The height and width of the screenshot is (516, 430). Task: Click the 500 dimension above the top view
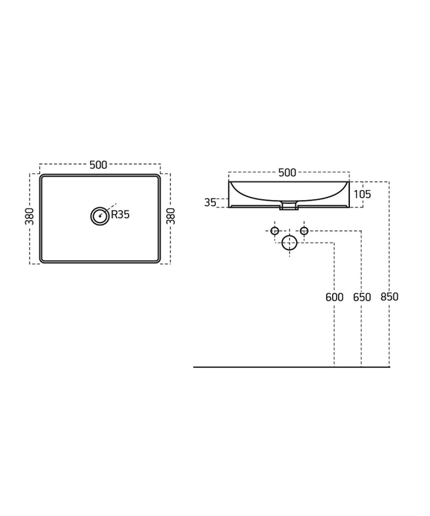[99, 165]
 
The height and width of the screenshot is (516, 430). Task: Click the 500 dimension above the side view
[287, 173]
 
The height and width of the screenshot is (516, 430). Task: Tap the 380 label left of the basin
[29, 216]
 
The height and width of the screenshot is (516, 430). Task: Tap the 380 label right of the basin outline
[171, 216]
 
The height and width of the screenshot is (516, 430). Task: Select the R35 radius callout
[121, 215]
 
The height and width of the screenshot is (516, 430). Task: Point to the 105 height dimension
[362, 194]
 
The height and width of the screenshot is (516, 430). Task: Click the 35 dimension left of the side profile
[210, 203]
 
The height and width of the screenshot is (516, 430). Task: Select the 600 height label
[334, 297]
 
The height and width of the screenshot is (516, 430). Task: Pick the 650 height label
[362, 297]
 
